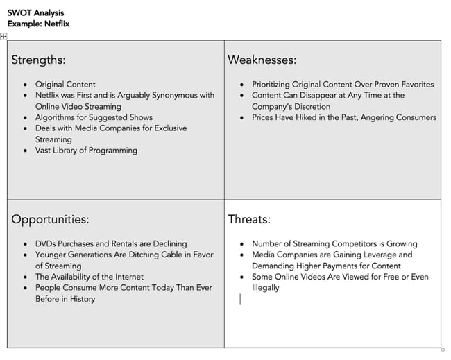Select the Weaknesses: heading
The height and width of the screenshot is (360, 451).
click(262, 60)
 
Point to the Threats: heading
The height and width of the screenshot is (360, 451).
click(249, 219)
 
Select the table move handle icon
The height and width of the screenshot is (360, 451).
click(4, 36)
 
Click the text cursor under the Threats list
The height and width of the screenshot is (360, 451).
click(240, 299)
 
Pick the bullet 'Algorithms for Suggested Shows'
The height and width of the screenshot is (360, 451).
click(94, 117)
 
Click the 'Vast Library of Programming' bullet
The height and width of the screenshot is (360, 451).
click(86, 150)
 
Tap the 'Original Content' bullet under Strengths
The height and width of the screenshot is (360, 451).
click(65, 85)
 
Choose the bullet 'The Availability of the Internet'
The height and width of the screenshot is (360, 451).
click(90, 277)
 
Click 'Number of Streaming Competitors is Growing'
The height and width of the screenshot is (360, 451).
click(334, 243)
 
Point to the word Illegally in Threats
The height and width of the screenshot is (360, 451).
click(265, 288)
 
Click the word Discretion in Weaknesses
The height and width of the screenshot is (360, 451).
click(310, 106)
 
